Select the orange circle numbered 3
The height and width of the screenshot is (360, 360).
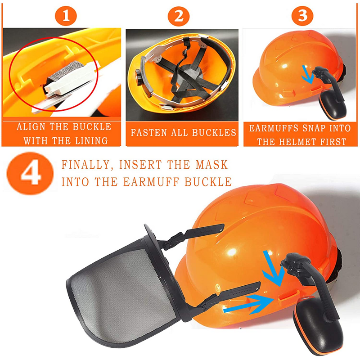tap(302, 16)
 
